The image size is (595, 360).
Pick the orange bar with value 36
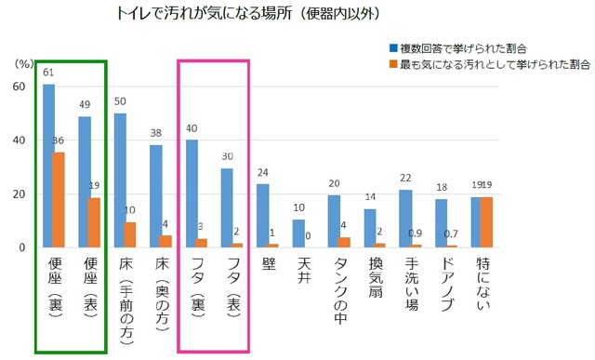pos(59,200)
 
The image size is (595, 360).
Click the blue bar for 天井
pos(298,233)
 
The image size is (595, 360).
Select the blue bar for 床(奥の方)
pos(155,196)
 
